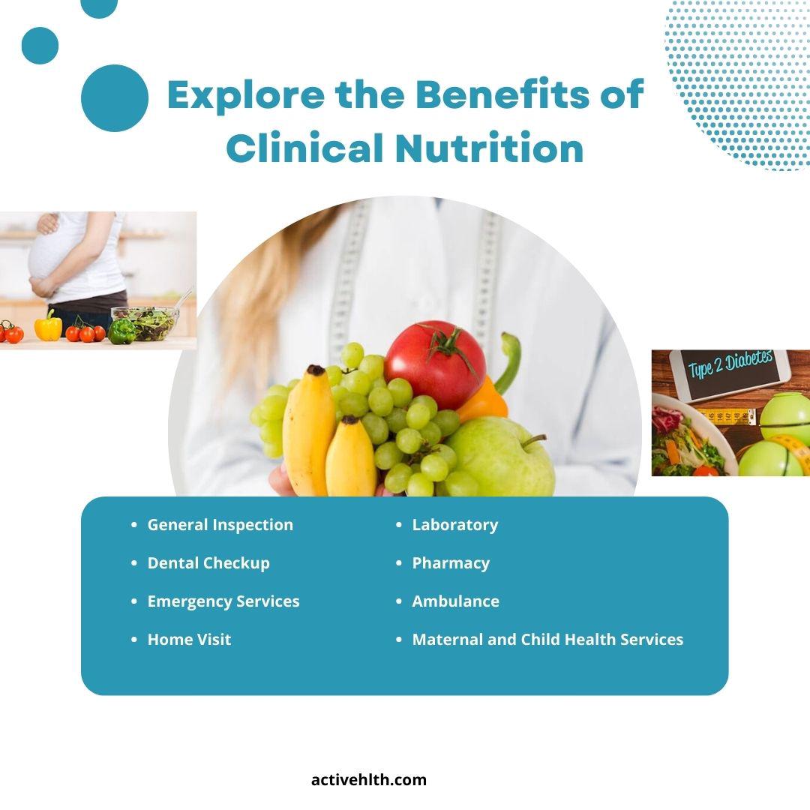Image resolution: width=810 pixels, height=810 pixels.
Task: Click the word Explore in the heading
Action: tap(246, 95)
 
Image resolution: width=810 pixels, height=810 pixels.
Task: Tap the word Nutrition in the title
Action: tap(490, 148)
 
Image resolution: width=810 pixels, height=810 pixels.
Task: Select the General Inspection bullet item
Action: tap(220, 525)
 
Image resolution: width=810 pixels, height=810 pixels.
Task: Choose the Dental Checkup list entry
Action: tap(208, 563)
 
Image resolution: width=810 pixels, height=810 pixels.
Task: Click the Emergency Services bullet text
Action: tap(223, 601)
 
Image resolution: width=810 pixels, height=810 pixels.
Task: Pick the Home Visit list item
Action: tap(190, 640)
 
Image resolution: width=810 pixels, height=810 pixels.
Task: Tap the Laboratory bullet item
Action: tap(455, 525)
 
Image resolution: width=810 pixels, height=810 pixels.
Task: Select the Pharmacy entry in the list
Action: tap(451, 563)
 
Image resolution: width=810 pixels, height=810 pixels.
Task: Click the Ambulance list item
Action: tap(456, 601)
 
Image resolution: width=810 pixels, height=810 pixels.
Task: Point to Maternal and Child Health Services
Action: tap(547, 640)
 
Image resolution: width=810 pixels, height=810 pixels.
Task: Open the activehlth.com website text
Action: tap(369, 780)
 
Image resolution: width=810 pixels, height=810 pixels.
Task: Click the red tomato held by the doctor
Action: tap(435, 364)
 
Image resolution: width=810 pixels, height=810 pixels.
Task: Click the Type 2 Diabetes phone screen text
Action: tap(730, 364)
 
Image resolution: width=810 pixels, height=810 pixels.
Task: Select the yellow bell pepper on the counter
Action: tap(48, 326)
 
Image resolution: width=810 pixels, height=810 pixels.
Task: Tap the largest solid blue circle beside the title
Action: tap(115, 98)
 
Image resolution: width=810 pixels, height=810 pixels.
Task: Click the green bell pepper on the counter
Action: tap(122, 331)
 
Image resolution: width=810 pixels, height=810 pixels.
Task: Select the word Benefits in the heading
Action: tap(502, 94)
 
